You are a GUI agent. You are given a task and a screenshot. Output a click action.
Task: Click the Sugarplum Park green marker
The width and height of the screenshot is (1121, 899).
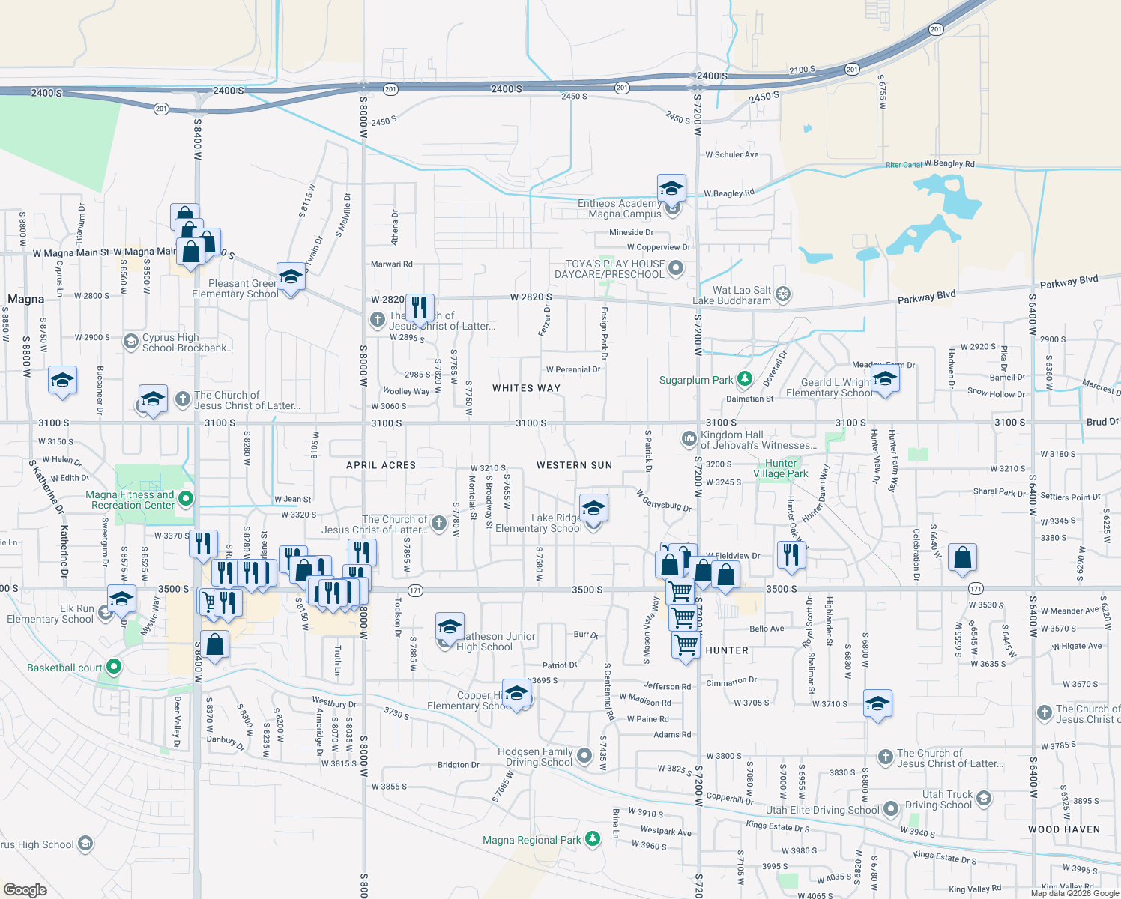[x=744, y=380]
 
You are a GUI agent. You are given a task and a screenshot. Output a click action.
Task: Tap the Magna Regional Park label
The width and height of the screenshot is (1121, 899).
[x=531, y=840]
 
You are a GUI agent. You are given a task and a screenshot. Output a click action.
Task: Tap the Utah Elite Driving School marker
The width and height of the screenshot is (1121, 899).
[x=890, y=809]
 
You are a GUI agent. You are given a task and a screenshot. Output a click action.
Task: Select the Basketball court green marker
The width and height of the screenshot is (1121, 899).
[x=113, y=666]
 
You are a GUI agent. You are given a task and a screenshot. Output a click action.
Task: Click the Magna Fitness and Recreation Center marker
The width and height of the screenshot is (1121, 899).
[x=187, y=499]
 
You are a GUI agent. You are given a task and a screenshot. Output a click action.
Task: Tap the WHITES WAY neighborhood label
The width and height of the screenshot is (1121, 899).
[x=526, y=388]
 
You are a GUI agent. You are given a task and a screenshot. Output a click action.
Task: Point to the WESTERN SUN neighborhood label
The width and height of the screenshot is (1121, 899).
[x=574, y=465]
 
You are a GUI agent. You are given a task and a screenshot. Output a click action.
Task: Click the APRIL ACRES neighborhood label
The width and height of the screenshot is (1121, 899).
[x=381, y=465]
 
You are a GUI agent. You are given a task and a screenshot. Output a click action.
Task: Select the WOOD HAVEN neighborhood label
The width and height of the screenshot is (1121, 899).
[x=1064, y=829]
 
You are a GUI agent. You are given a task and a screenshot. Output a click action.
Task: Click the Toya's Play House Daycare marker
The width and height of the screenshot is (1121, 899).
[x=676, y=268]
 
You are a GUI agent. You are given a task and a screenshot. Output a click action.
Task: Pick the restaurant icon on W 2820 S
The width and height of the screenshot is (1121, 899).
[x=420, y=307]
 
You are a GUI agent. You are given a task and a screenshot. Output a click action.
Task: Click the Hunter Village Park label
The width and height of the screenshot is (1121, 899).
[x=781, y=468]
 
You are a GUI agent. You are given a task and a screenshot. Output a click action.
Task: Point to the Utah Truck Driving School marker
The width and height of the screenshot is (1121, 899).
[x=984, y=799]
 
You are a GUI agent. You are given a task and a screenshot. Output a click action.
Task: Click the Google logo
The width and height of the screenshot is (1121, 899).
[x=25, y=889]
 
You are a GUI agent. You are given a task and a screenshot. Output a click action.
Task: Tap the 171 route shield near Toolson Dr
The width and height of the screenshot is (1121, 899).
[x=415, y=591]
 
